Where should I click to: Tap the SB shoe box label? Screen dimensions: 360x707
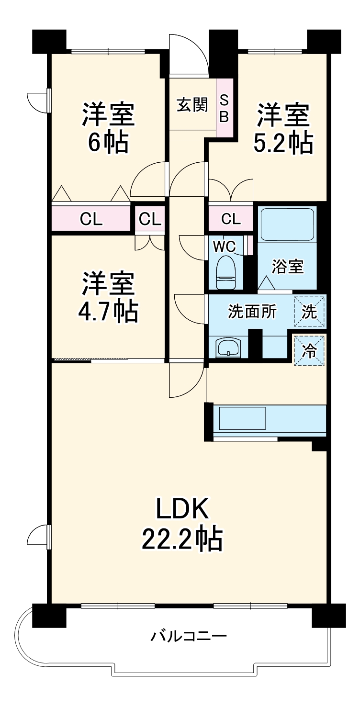coord(224,109)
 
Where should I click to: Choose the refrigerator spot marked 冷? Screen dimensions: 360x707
coord(309,351)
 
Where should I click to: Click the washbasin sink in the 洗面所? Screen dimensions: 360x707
coord(228,348)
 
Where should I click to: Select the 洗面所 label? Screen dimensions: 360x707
coord(252,312)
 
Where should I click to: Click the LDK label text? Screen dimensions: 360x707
coord(183,508)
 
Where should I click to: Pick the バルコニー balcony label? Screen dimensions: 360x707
coord(189,635)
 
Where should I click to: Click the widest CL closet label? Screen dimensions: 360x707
coord(91,218)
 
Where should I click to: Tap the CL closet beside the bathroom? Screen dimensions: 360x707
coord(231,218)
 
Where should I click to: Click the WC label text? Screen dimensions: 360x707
coord(224,246)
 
